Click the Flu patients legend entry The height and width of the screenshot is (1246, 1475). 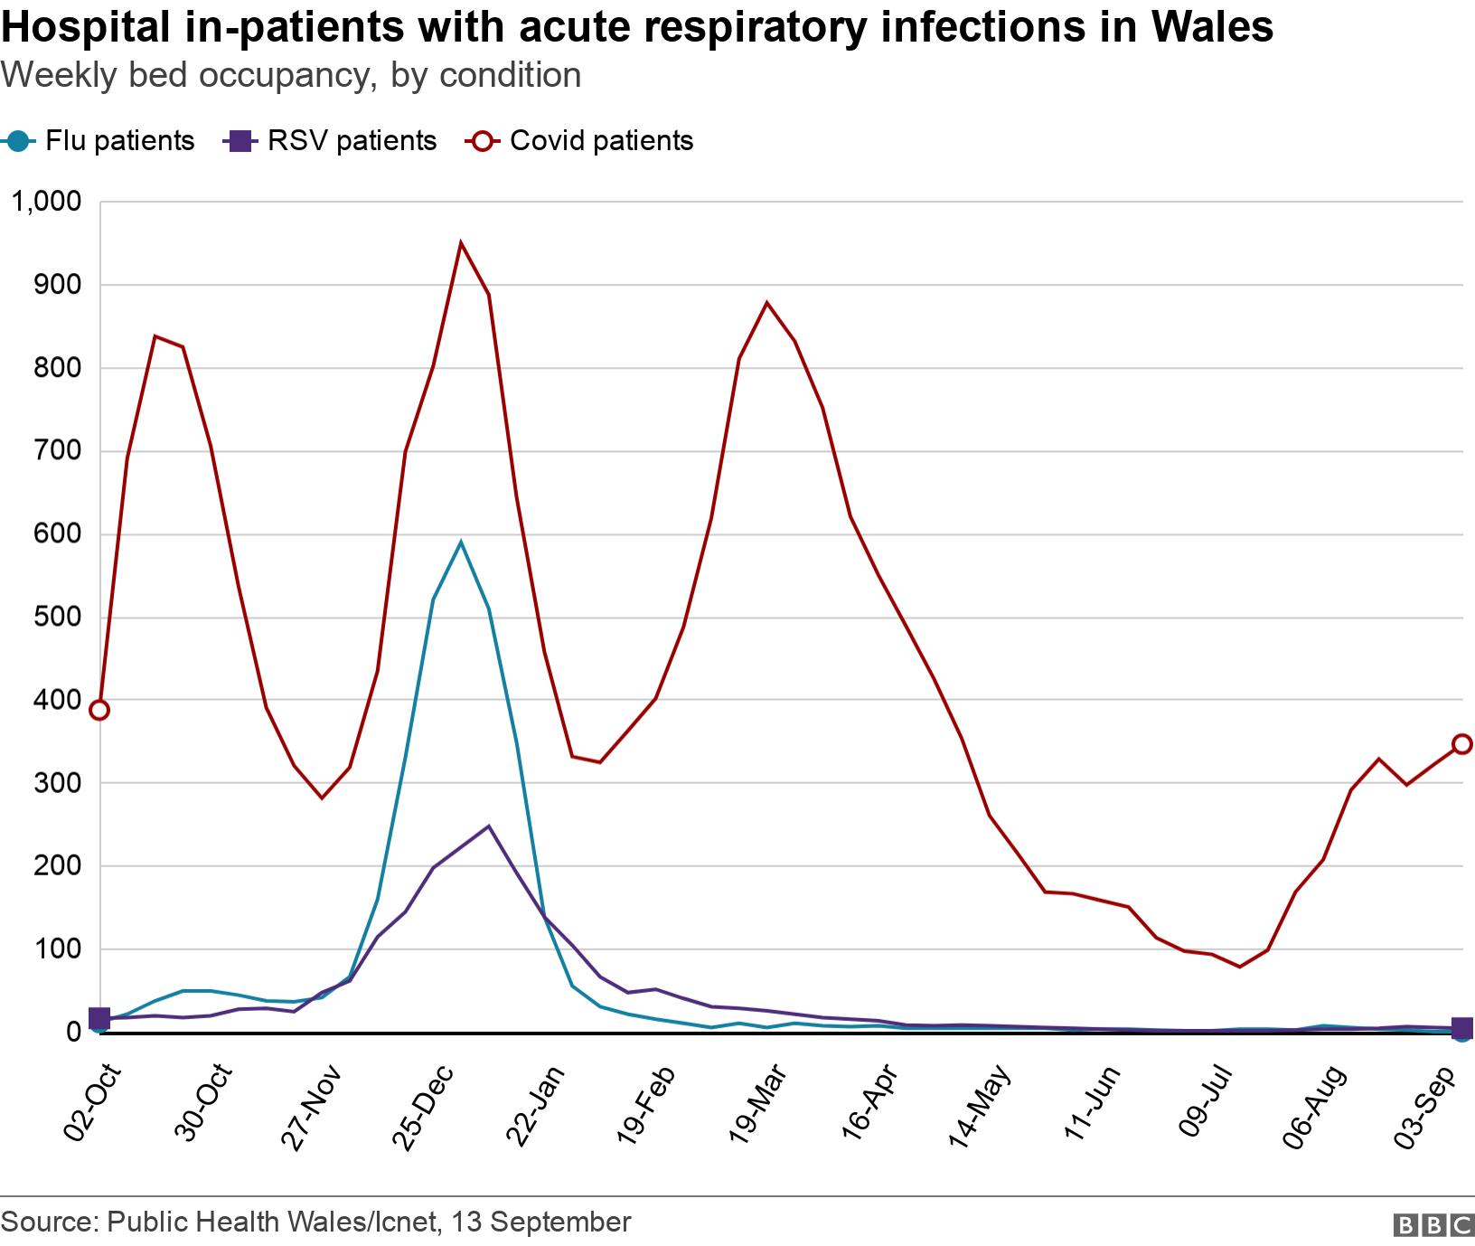(x=99, y=142)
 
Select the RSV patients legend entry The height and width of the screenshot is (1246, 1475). (x=331, y=142)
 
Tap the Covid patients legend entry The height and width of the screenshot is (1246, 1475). (x=580, y=142)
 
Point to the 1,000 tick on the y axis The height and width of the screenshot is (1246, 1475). (x=45, y=202)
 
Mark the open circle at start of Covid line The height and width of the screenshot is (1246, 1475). (x=99, y=710)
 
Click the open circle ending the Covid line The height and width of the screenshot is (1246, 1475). (x=1461, y=744)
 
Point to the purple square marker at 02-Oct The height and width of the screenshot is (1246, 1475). (x=99, y=1019)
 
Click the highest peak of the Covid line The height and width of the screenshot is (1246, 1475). (x=461, y=243)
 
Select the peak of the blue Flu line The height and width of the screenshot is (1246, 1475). (x=461, y=543)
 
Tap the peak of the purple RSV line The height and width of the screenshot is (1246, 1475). (x=488, y=826)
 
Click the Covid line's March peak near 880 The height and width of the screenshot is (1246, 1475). (x=767, y=303)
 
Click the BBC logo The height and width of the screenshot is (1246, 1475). (x=1434, y=1224)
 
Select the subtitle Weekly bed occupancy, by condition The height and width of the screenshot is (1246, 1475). (x=291, y=76)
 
